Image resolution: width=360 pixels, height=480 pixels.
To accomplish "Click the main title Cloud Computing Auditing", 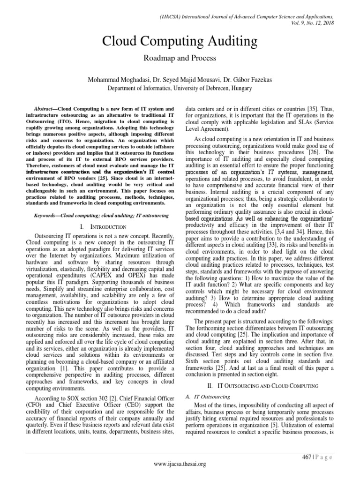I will [180, 42].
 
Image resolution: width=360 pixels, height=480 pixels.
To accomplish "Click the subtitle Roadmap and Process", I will [180, 59].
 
